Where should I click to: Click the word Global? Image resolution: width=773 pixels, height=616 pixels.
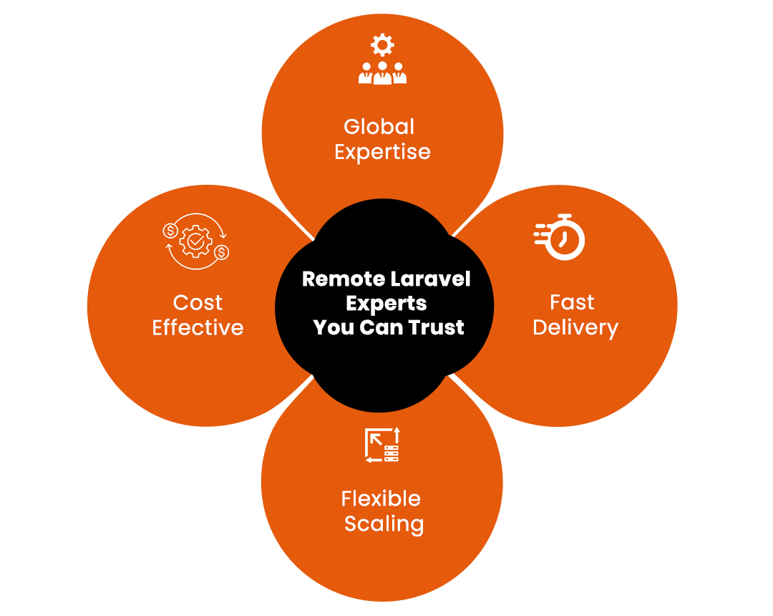379,127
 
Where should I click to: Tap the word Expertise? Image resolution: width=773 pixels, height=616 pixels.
382,153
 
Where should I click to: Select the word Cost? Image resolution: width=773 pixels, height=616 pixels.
198,303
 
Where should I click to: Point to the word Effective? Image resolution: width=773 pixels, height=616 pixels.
198,327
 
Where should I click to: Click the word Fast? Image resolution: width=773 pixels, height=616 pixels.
573,302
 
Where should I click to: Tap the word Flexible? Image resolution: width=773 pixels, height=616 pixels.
381,499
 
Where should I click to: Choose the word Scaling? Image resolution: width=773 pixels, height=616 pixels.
384,524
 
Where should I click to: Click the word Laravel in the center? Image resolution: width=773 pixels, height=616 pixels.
438,279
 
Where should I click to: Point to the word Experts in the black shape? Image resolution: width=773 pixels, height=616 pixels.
386,304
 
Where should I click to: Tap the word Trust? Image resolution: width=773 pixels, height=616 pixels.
436,327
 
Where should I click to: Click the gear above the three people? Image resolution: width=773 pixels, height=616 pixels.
382,45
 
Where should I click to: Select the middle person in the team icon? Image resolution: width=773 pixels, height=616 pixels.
382,73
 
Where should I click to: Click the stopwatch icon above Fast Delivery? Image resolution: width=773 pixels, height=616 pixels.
560,237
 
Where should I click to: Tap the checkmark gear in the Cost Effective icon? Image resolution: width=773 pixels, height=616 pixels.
195,241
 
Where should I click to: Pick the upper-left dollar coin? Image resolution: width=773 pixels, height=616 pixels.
170,231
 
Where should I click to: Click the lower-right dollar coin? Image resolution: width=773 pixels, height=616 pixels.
222,253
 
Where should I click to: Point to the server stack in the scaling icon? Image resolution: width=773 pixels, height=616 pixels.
392,453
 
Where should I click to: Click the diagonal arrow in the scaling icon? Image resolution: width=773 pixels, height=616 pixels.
376,439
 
